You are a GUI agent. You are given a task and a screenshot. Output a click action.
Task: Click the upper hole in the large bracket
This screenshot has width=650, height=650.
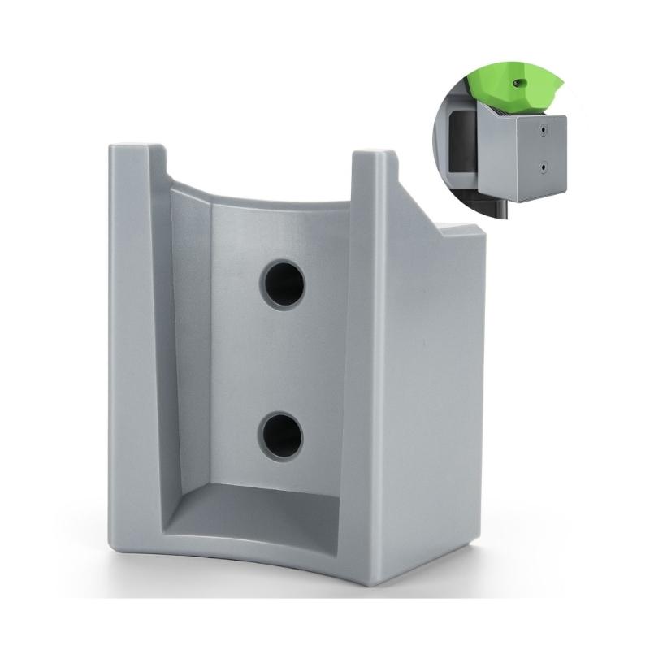point(282,284)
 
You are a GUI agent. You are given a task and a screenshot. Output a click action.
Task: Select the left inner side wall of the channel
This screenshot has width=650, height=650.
point(188,341)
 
